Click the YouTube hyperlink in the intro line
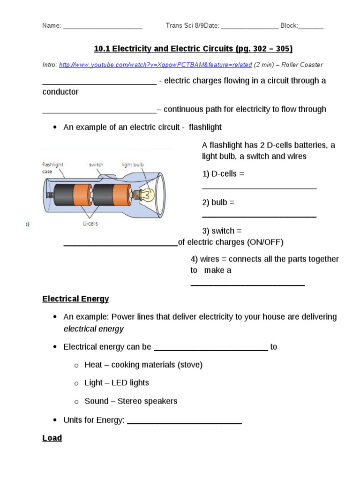[x=155, y=65]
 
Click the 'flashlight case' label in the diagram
[x=52, y=168]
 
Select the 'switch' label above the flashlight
[x=96, y=165]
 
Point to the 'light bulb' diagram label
[x=133, y=165]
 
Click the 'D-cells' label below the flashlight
[x=90, y=224]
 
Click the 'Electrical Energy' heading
[x=75, y=299]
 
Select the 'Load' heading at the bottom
[x=52, y=438]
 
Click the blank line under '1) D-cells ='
[x=259, y=187]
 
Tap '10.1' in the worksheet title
[x=101, y=49]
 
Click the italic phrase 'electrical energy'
[x=93, y=329]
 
